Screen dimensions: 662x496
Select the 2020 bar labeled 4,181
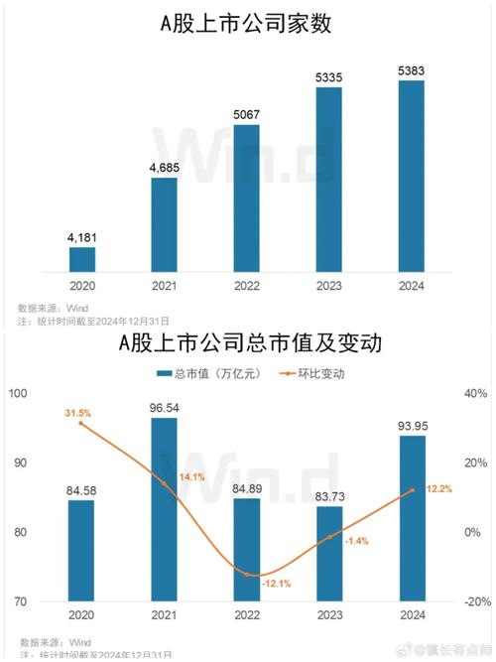82,260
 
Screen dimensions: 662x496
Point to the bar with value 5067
246,199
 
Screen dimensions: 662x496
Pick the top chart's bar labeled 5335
328,180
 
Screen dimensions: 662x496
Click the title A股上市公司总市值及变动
249,343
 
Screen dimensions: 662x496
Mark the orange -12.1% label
277,584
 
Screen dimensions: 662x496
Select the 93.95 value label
411,427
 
